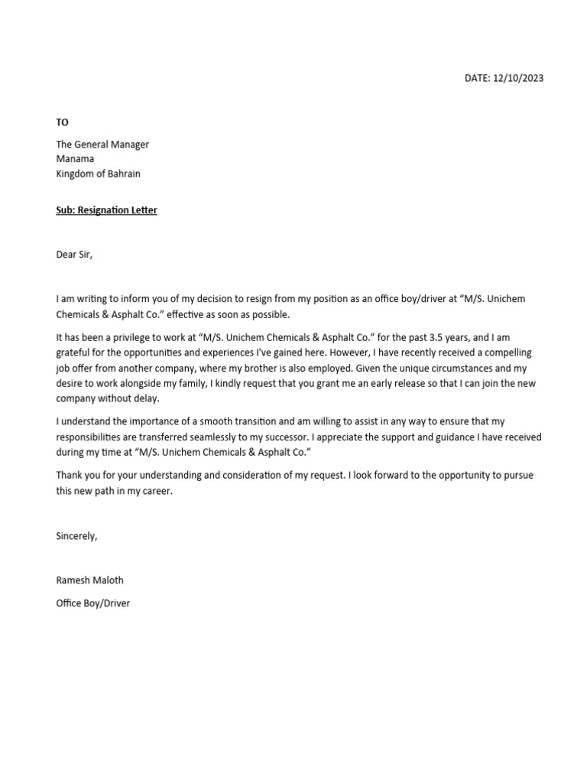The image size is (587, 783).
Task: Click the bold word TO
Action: (62, 122)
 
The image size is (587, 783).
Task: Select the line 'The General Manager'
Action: (102, 145)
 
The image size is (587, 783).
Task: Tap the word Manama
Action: (75, 159)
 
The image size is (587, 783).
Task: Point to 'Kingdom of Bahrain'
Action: (98, 174)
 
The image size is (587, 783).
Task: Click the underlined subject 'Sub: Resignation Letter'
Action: (106, 210)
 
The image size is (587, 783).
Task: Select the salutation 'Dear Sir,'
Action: (74, 255)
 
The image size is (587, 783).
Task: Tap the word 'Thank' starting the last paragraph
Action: (70, 475)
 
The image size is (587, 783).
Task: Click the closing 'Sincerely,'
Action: (76, 536)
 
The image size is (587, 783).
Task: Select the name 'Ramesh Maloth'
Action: (89, 580)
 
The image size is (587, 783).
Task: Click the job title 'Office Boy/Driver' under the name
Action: (93, 603)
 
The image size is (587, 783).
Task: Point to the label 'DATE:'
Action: (478, 78)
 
